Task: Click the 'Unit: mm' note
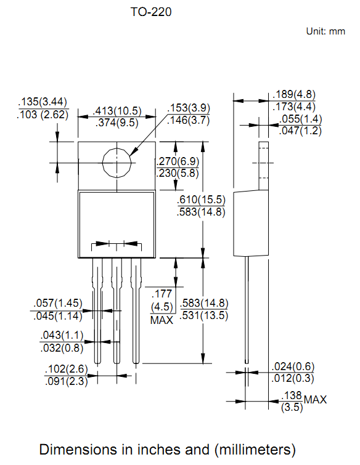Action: point(325,31)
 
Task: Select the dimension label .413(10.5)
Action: point(117,111)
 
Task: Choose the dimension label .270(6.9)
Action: point(178,161)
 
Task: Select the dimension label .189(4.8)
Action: point(294,95)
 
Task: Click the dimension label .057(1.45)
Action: point(58,303)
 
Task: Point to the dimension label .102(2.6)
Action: point(67,370)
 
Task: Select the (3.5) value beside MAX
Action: point(291,407)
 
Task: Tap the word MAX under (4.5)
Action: point(162,320)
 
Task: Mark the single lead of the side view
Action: point(247,308)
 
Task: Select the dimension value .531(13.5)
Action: point(204,316)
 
